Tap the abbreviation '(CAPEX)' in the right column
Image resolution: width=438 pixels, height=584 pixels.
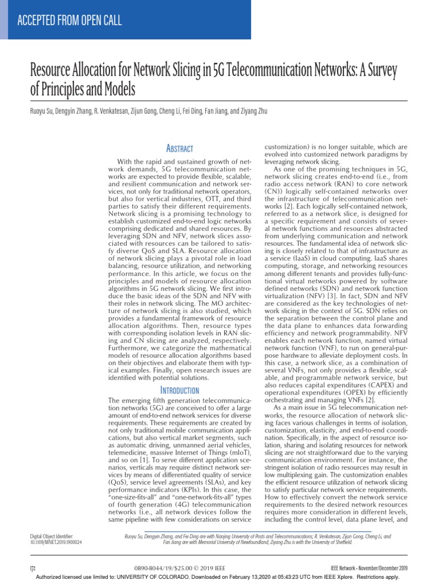click(x=376, y=385)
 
